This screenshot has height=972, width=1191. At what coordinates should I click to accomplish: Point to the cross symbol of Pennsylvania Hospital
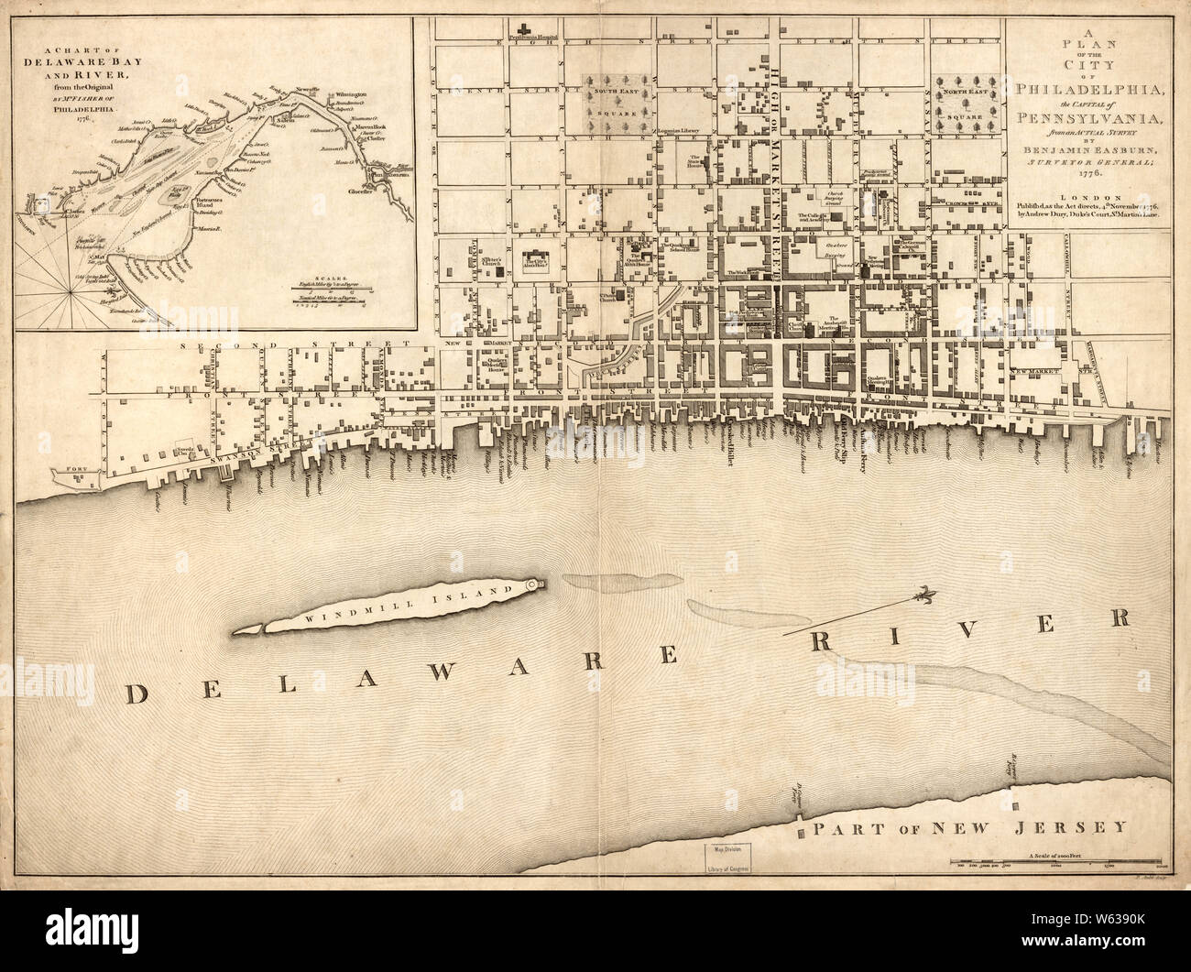pos(527,28)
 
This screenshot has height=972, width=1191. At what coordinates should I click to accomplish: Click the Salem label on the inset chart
pos(278,123)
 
